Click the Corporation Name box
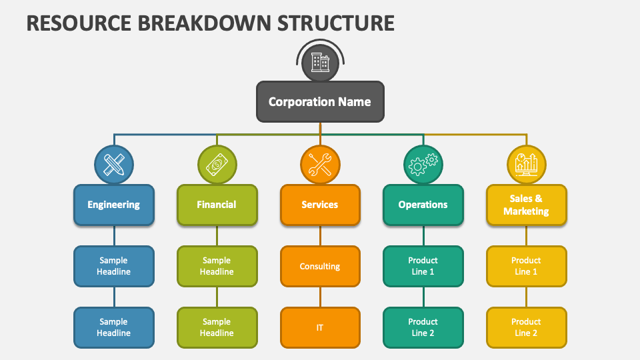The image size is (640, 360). point(320,102)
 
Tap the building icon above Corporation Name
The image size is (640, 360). point(320,63)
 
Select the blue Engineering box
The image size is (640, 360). point(114,205)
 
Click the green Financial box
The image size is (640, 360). point(217,205)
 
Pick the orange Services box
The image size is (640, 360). point(320,205)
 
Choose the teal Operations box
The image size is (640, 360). point(423,205)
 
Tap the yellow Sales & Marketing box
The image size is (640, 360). point(526,205)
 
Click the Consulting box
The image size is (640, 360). point(320,266)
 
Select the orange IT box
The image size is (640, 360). point(320,327)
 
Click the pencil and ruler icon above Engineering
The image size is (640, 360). point(114,164)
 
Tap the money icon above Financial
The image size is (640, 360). point(217,164)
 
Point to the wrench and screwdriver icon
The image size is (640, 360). point(320,164)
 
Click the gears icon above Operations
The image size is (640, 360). point(423,164)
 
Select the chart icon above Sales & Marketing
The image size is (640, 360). point(526,164)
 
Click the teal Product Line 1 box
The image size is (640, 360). point(423,266)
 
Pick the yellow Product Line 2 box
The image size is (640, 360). point(526,327)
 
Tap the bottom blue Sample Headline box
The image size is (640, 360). point(114,327)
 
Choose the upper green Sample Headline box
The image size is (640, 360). point(217,266)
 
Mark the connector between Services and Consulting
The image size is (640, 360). point(320,235)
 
